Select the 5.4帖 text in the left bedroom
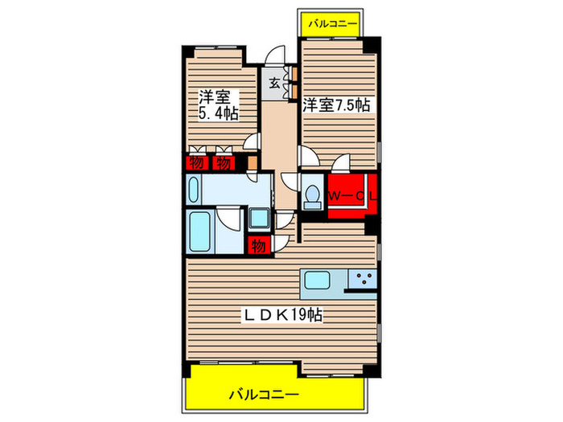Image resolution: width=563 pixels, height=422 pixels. coord(217,113)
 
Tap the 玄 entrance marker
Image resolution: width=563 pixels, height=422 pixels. coord(274,81)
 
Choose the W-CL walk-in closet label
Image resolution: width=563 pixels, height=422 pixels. coord(353,195)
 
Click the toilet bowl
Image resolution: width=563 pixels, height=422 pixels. coord(312,195)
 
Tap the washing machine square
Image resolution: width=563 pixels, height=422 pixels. coord(260,218)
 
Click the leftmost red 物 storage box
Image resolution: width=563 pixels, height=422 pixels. coord(195,163)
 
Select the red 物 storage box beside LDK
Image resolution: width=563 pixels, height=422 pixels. coord(258,245)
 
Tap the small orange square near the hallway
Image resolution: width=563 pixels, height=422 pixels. coord(252,162)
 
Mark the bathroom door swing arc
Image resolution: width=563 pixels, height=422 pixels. coord(229,218)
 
